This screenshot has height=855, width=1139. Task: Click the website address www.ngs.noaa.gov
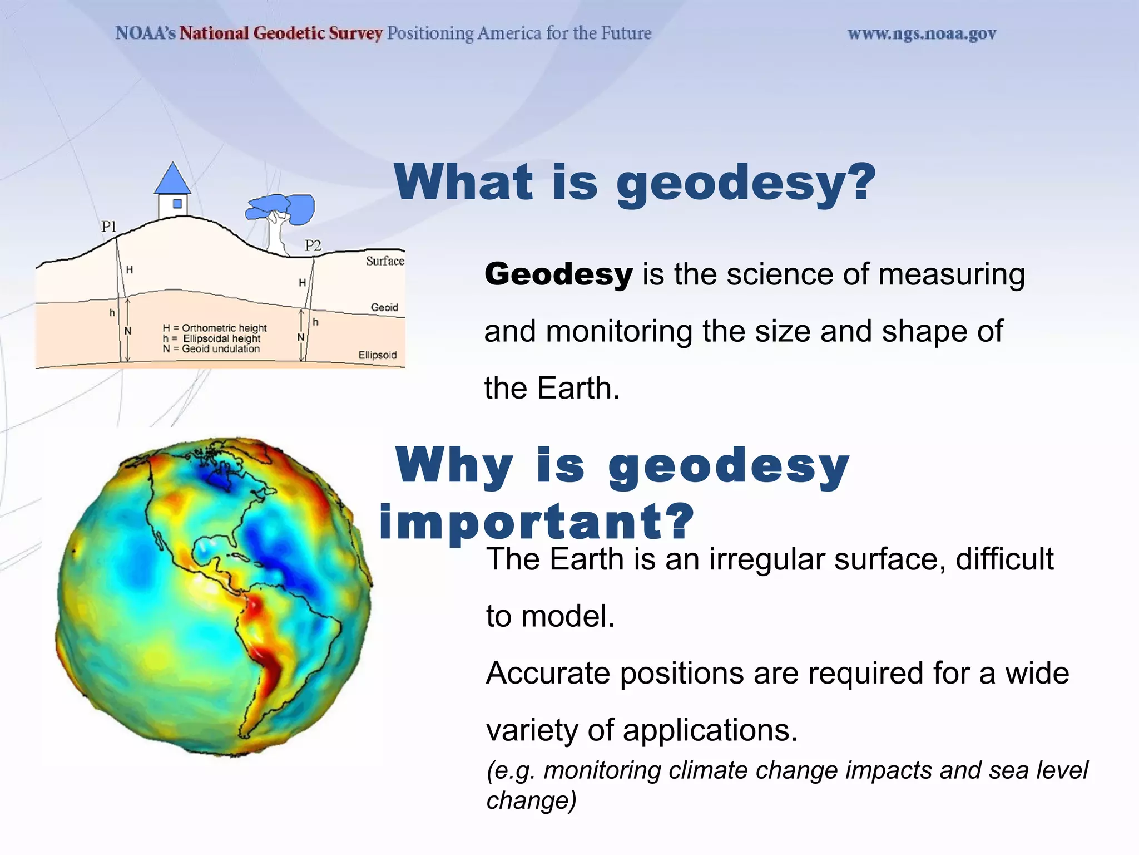[x=922, y=34]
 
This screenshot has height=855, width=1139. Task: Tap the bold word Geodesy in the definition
[x=558, y=274]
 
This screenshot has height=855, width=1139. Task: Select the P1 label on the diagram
[x=109, y=227]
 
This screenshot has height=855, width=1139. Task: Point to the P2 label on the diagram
[x=313, y=245]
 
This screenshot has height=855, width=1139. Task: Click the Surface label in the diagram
[x=385, y=261]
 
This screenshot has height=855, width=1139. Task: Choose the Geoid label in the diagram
[x=384, y=307]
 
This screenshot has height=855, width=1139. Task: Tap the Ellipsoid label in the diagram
[x=378, y=355]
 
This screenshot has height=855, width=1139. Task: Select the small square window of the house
[x=177, y=204]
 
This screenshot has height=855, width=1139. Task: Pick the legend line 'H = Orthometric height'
[x=215, y=328]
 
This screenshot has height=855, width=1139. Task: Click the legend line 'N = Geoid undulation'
[x=211, y=349]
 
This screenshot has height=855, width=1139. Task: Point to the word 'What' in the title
[x=464, y=181]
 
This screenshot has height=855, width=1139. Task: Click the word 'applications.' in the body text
[x=710, y=731]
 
